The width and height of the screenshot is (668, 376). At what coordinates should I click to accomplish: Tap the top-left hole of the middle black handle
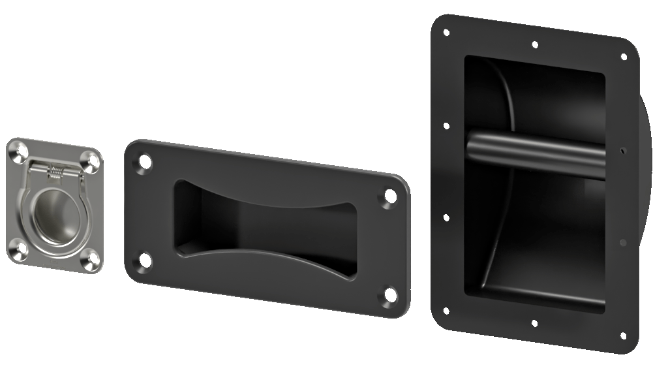pos(144,159)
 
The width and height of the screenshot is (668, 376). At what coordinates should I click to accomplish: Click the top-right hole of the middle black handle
pos(390,195)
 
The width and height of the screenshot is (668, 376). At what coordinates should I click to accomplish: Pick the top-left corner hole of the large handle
pos(446,31)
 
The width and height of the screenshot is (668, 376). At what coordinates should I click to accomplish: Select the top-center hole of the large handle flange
pos(535,45)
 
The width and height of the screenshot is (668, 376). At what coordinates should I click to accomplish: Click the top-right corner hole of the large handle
pos(624,57)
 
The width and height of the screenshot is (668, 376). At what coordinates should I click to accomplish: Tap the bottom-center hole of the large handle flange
pos(534,323)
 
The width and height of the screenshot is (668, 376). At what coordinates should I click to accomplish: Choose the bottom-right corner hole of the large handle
pos(623,336)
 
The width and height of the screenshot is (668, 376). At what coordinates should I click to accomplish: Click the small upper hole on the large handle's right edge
pos(624,149)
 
